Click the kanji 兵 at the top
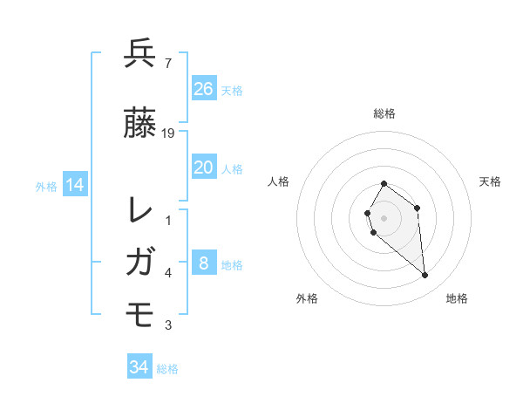tap(140, 53)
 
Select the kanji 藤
tap(140, 123)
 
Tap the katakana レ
tap(140, 210)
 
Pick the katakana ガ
tap(140, 262)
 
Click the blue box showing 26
tap(203, 88)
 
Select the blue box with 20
tap(203, 167)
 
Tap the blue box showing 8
tap(203, 263)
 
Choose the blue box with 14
tap(74, 185)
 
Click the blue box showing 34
tap(139, 367)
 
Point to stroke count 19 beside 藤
tap(169, 133)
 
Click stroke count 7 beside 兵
tap(167, 63)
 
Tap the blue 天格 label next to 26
tap(232, 90)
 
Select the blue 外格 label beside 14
tap(46, 187)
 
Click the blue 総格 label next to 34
tap(167, 369)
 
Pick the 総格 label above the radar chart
tap(384, 113)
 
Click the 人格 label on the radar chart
tap(279, 181)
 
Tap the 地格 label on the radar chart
tap(457, 298)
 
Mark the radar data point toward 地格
tap(425, 276)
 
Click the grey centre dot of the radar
tap(384, 217)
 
